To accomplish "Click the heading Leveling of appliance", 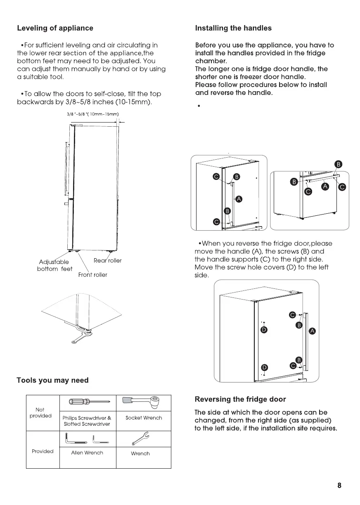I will coord(55,28).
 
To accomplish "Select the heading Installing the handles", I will coord(233,28).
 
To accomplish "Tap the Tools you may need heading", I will coord(52,380).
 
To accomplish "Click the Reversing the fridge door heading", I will coord(240,399).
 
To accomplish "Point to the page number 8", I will coord(339,485).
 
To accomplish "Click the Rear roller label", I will coord(108,261).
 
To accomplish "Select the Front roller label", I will coord(92,275).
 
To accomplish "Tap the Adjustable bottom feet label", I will coord(54,265).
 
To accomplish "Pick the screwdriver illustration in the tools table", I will coord(88,401).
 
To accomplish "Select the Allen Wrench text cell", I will coord(87,453).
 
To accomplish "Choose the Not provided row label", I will coord(40,413).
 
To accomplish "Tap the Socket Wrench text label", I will coord(143,418).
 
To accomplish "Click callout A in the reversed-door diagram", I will coord(313,331).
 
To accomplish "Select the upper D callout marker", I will coord(264,330).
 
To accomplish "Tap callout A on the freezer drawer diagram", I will coord(326,187).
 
